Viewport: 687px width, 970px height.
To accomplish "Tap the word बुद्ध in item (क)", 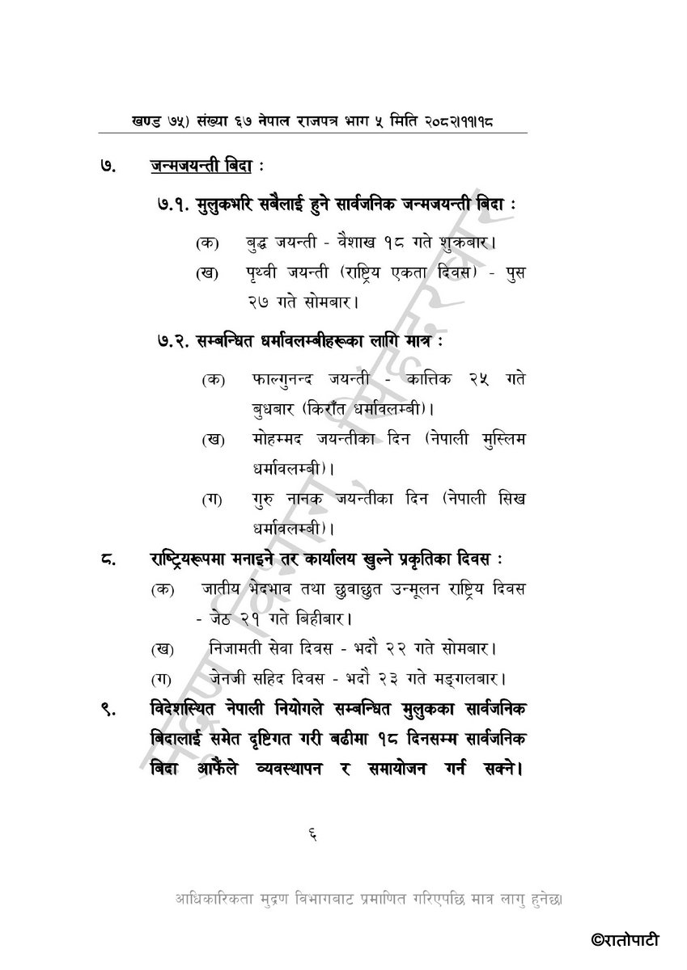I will click(261, 242).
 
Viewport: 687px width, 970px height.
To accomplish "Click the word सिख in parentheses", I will click(507, 499).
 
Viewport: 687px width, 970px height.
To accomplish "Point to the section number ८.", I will click(107, 559).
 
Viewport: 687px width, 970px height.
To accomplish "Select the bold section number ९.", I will click(106, 709).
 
